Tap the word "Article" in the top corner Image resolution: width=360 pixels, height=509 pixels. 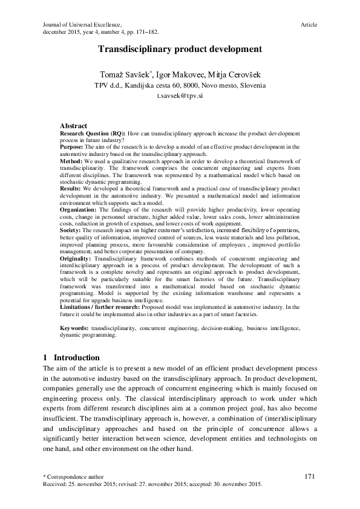[x=309, y=24]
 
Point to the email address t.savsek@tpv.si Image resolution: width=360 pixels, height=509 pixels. [x=180, y=96]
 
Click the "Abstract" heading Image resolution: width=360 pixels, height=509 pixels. [x=74, y=125]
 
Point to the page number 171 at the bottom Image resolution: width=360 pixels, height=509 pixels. [x=310, y=477]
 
